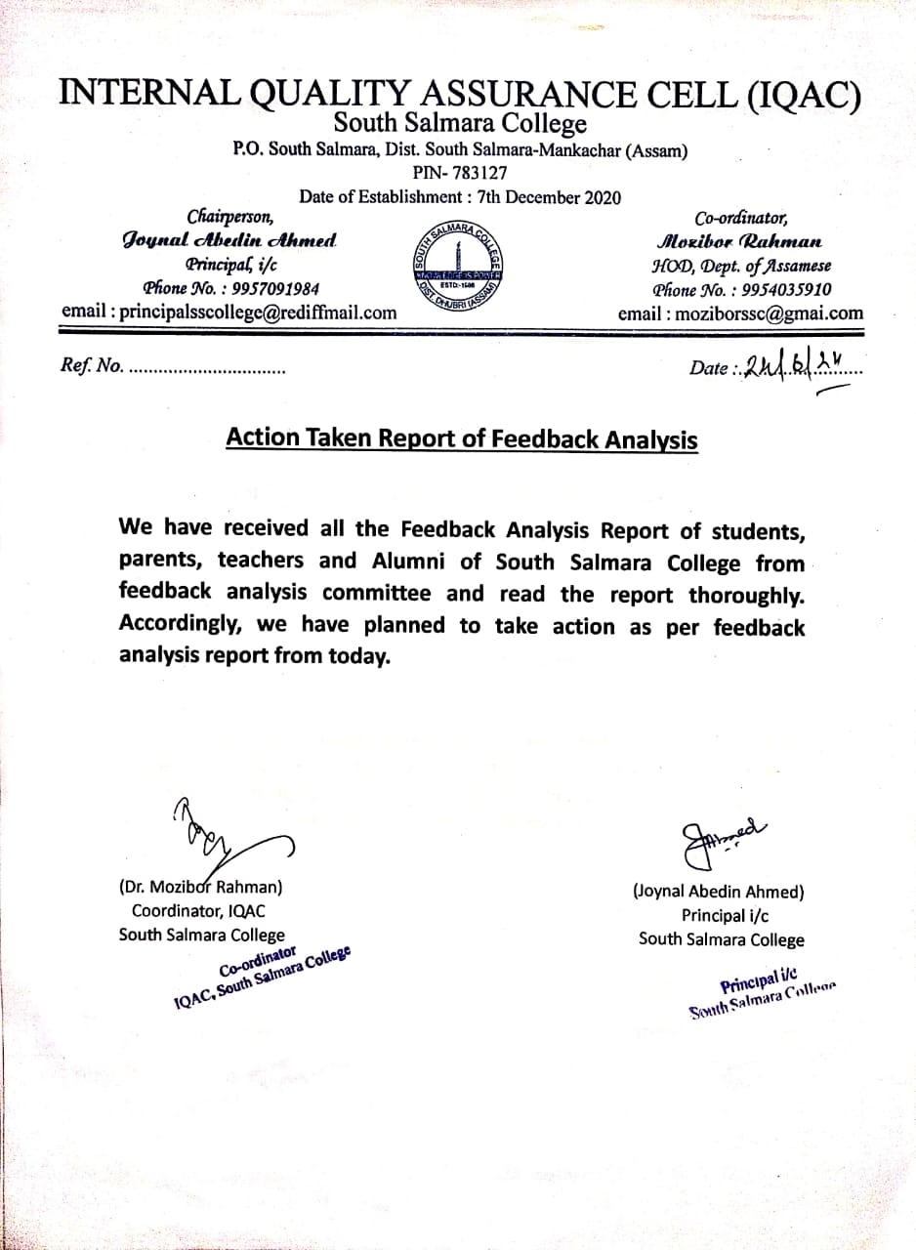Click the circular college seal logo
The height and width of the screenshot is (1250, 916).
458,267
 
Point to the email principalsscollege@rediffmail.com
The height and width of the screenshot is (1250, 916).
229,312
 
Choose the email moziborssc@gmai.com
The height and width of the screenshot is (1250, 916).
740,313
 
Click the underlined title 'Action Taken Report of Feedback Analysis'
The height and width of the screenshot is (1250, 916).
461,438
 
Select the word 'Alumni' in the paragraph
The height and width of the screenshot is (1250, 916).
428,562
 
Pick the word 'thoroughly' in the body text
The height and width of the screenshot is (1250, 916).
746,595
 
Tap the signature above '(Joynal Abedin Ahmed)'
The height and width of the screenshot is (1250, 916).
717,837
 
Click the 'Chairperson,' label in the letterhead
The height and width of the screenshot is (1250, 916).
230,217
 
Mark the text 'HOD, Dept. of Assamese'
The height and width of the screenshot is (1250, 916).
740,266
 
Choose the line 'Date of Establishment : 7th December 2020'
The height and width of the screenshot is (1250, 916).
459,196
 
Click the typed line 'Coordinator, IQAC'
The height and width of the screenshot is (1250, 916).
198,911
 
